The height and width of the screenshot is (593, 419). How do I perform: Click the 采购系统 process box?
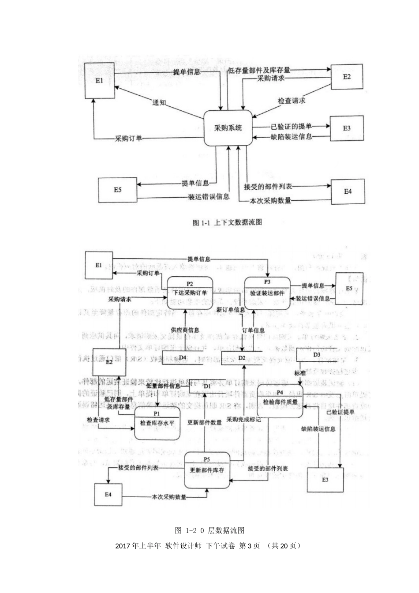[228, 128]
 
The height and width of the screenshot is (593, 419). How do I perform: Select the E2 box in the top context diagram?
[347, 77]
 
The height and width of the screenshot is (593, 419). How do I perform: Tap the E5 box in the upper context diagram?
[117, 190]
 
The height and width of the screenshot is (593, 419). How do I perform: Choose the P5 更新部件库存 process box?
[207, 470]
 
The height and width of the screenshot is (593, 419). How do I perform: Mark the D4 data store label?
[182, 357]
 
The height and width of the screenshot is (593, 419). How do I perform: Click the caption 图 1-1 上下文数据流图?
[227, 223]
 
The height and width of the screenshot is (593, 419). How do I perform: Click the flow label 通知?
[159, 103]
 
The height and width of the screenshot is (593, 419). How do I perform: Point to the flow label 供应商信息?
[185, 330]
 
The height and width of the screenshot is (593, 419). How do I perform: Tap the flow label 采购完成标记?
[243, 419]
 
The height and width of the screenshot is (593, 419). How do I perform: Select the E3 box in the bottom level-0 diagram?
[325, 479]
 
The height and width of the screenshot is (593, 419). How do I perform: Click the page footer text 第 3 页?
[249, 546]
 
